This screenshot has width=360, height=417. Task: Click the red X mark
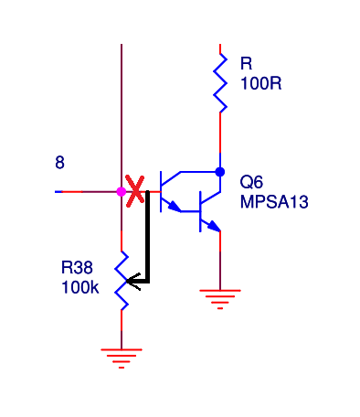point(135,191)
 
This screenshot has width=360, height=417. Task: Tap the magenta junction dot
point(122,192)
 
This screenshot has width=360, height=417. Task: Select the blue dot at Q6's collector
point(220,172)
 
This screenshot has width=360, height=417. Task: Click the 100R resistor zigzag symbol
point(220,83)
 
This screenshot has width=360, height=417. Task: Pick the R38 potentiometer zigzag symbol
point(122,281)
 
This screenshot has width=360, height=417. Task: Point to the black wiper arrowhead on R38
point(132,282)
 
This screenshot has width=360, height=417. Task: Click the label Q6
point(251,182)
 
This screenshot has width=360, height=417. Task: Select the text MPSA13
point(274,202)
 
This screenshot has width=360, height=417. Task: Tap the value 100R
point(261,83)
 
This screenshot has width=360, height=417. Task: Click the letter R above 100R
point(246,63)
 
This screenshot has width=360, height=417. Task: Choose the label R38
point(77,268)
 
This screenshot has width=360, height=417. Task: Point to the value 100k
point(80,287)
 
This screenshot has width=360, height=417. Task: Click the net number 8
point(59,163)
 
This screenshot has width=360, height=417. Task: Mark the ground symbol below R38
point(122,358)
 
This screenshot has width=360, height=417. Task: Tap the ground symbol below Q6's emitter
point(220,300)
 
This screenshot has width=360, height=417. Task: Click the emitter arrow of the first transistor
point(174,207)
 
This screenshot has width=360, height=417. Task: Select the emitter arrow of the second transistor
point(214,227)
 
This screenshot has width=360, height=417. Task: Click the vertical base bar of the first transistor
point(161,191)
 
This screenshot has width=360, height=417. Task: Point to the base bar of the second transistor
point(200,211)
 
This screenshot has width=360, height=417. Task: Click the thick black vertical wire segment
point(148,237)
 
